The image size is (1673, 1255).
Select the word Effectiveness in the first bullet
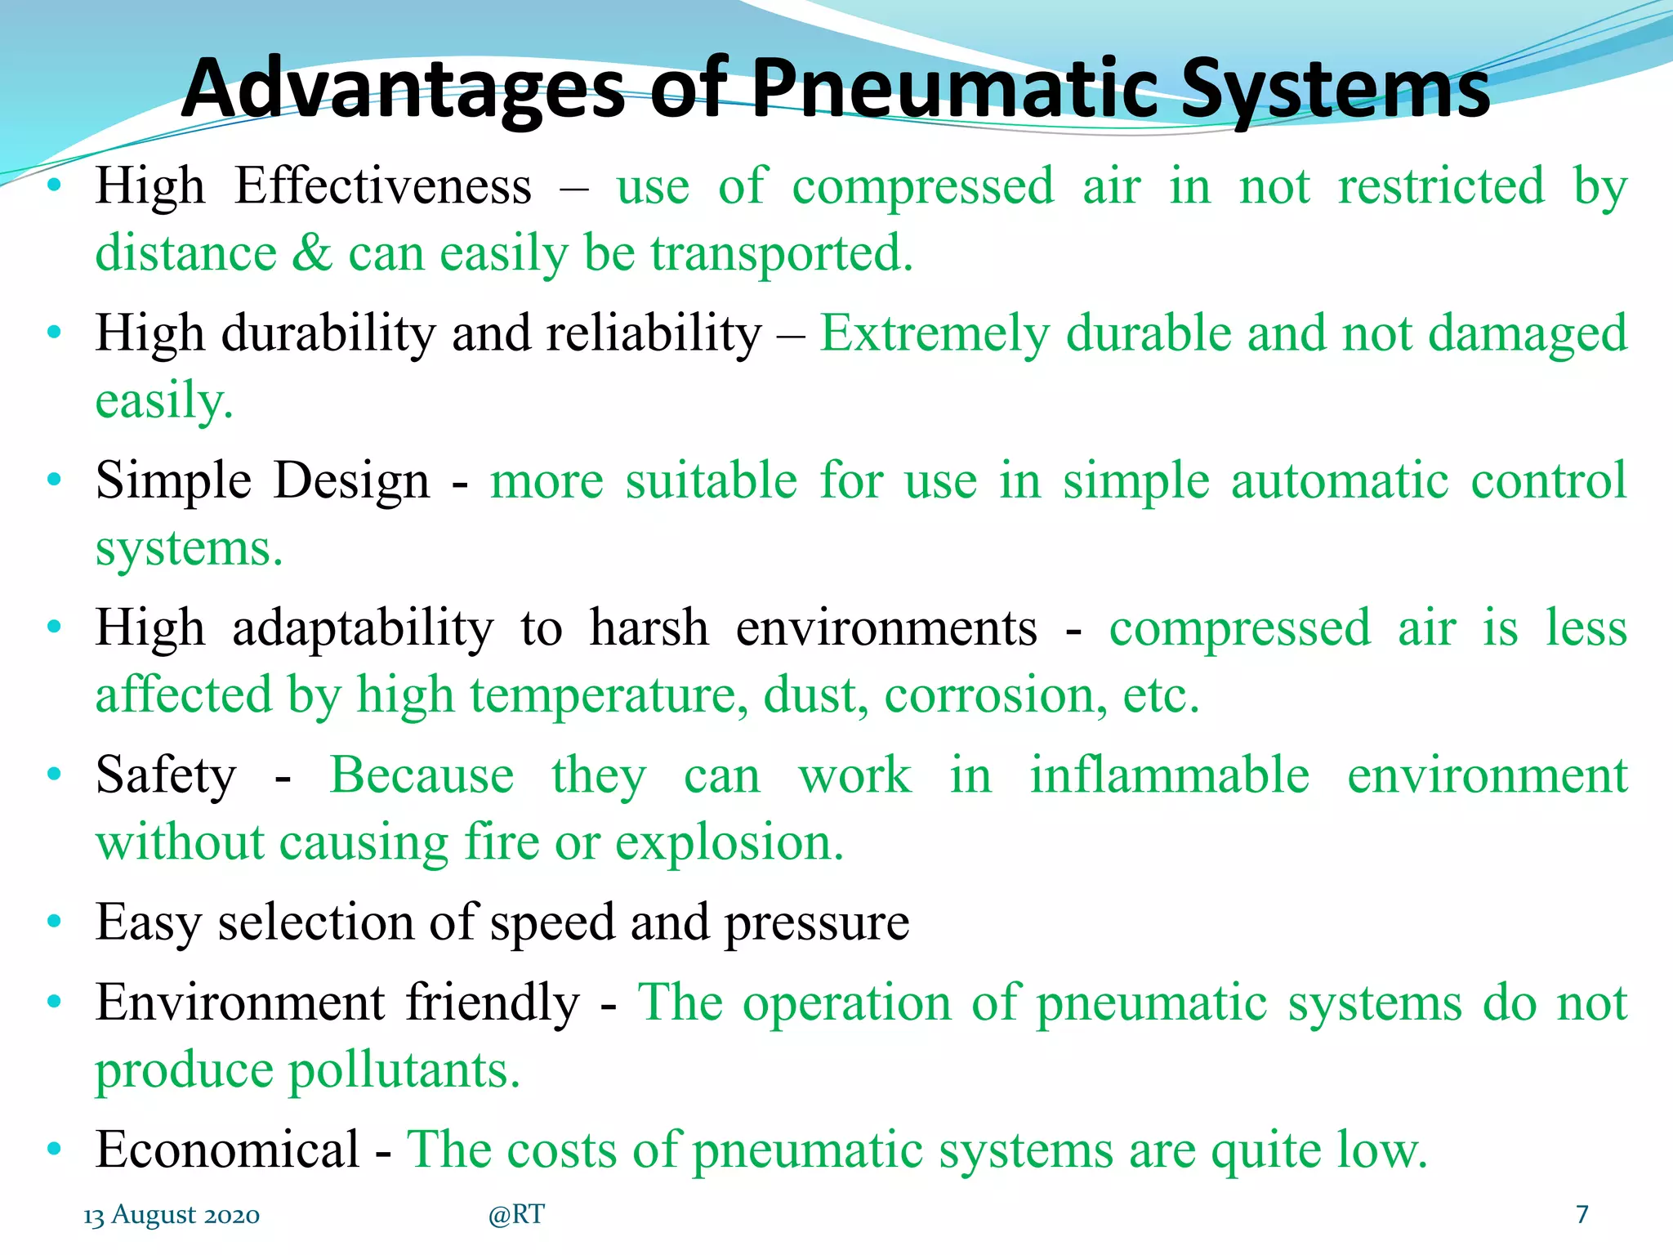coord(383,186)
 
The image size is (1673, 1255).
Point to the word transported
coord(781,253)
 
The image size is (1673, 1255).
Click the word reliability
coord(654,335)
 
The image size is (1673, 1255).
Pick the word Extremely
coord(935,335)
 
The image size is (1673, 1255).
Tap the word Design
coord(351,480)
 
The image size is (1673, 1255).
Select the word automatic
coord(1340,480)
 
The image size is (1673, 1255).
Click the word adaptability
coord(364,628)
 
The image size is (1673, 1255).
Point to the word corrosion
coord(996,695)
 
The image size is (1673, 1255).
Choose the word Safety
coord(166,775)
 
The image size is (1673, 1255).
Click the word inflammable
coord(1169,775)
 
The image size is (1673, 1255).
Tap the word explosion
coord(729,842)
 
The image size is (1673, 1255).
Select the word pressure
coord(817,923)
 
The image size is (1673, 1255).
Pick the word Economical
coord(228,1150)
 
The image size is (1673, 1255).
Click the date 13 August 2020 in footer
coord(172,1215)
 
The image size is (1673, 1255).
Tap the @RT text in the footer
coord(516,1215)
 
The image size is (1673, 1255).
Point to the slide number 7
coord(1582,1215)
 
